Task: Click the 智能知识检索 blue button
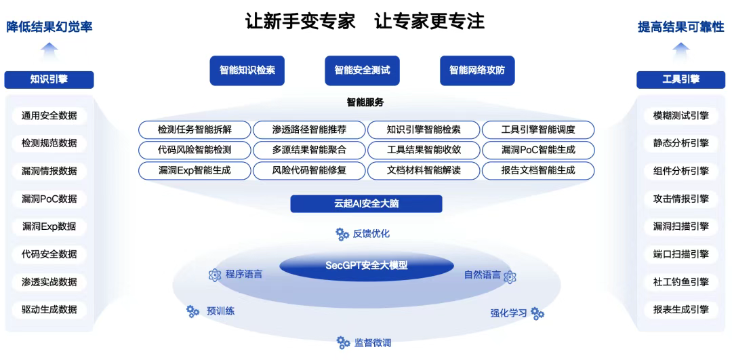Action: tap(247, 70)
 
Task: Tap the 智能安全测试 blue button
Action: tap(362, 70)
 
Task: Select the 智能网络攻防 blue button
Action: tap(477, 70)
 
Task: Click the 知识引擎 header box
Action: tap(49, 79)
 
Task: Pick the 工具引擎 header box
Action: tap(680, 79)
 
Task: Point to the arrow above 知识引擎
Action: tap(49, 49)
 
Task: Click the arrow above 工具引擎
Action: tap(680, 49)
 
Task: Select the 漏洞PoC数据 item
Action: tap(49, 199)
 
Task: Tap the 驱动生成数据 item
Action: tap(49, 310)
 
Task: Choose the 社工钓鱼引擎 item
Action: tap(680, 282)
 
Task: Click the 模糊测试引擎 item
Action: tap(680, 115)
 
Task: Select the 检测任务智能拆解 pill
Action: tap(195, 129)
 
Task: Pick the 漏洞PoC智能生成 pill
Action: tap(538, 150)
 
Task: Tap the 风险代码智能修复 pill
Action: tap(309, 170)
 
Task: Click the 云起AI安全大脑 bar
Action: tap(366, 204)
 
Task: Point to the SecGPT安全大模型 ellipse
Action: tap(366, 265)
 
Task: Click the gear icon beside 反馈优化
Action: tap(342, 234)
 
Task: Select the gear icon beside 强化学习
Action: tap(537, 313)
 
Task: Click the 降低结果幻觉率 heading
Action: tap(49, 27)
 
